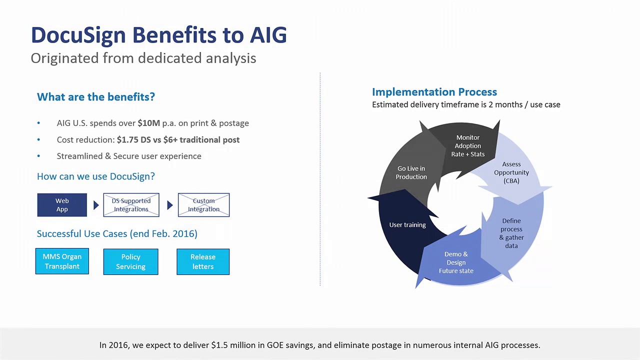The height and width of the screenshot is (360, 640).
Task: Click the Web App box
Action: tap(62, 205)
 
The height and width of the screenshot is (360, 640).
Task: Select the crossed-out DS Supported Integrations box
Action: tap(131, 205)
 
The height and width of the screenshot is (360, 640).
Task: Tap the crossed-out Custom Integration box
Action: tap(203, 205)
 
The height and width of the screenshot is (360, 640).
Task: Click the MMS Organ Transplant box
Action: tap(62, 261)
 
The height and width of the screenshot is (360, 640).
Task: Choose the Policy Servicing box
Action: tap(130, 261)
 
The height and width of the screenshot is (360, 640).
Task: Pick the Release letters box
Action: tap(203, 261)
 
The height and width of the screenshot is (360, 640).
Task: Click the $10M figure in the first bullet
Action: tap(148, 123)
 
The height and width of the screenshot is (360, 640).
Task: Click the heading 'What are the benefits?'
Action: tap(96, 96)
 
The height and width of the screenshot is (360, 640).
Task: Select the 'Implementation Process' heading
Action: tap(434, 92)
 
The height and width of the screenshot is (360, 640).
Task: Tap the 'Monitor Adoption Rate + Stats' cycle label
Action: tap(467, 145)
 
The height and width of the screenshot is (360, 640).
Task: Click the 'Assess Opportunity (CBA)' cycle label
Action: tap(511, 172)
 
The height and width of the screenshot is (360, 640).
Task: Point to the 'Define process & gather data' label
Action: tap(511, 233)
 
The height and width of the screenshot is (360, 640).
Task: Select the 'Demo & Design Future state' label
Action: tap(456, 262)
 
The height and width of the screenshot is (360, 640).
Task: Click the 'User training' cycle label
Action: tap(407, 225)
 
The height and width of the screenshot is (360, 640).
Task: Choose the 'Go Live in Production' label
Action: tap(411, 172)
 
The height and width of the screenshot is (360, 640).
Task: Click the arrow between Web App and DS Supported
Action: tap(96, 205)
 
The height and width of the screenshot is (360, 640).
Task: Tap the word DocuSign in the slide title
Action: tap(78, 35)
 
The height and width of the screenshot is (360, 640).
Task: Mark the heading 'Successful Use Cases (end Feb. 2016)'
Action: tap(117, 233)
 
